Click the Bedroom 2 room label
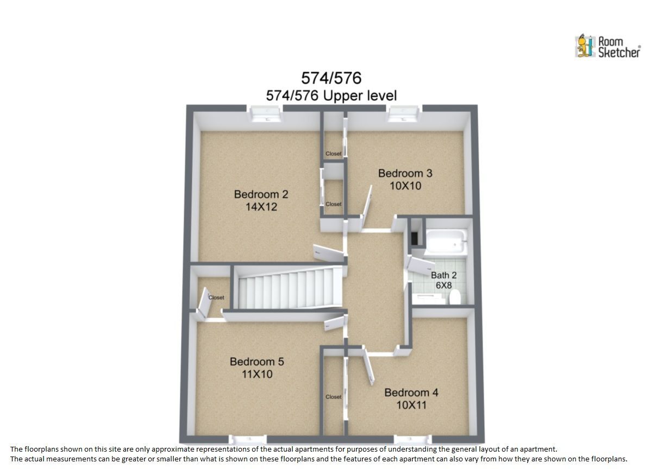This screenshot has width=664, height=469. coord(261,194)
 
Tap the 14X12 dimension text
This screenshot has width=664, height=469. coord(261,207)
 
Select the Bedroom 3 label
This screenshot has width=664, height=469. coord(405,173)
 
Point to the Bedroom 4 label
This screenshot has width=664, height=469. coord(411,392)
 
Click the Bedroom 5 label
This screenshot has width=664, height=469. coord(257,362)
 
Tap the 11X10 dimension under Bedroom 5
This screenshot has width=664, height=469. coord(257,374)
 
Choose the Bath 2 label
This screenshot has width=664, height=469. coord(443,275)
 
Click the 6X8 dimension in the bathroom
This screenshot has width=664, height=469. coord(444,285)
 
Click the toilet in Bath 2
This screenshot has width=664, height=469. coord(455,297)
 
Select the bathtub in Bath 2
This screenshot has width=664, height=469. coord(446,242)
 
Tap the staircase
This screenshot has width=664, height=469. coord(290,288)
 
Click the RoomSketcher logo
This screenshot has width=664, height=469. coord(607,46)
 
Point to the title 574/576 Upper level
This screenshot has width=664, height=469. coord(331,96)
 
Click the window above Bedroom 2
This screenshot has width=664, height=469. coord(265,113)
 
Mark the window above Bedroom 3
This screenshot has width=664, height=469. coord(404,113)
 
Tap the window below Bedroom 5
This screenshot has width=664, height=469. coord(248,439)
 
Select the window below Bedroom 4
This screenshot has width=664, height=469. coord(412,439)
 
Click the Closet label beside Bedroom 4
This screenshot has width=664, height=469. coord(334,397)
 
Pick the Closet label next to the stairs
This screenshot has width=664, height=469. coord(216,297)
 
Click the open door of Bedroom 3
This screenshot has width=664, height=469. coord(367,207)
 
